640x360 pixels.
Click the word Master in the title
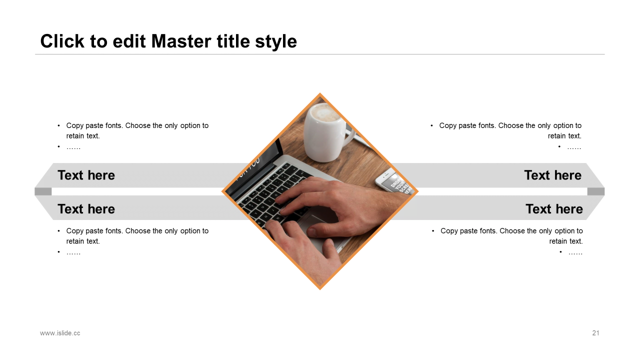181,41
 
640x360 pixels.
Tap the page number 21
595,333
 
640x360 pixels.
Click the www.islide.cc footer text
60,333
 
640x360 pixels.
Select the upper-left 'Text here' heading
86,175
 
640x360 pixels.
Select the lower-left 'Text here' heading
86,209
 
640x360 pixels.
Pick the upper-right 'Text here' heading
553,175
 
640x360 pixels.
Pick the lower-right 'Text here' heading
554,209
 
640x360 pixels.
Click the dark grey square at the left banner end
43,191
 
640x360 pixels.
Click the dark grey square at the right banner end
596,191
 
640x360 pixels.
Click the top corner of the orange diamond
320,93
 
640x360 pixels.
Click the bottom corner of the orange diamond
320,289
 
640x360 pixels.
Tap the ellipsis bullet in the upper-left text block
73,148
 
